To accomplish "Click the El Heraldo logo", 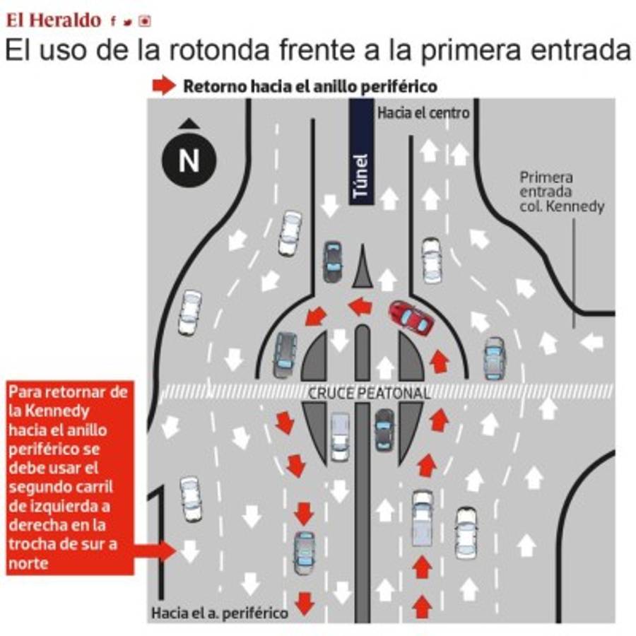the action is coord(53,20).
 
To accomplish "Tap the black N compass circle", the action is coord(189,160).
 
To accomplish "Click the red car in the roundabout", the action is coord(411,318).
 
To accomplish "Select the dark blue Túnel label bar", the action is coord(361,152).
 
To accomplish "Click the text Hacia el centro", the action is coord(423,113).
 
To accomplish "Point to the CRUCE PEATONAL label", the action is coord(369,393).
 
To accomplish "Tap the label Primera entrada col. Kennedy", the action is coord(562,192).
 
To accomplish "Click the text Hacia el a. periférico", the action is coord(220,613).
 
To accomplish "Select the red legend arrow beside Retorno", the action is coord(164,86).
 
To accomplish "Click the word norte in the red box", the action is coord(28,563).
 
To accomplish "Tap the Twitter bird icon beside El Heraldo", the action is coord(128,22).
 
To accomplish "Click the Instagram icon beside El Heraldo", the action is coord(145,21).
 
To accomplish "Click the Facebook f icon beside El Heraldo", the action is coord(113,21).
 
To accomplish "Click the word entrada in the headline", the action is coord(581,50).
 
